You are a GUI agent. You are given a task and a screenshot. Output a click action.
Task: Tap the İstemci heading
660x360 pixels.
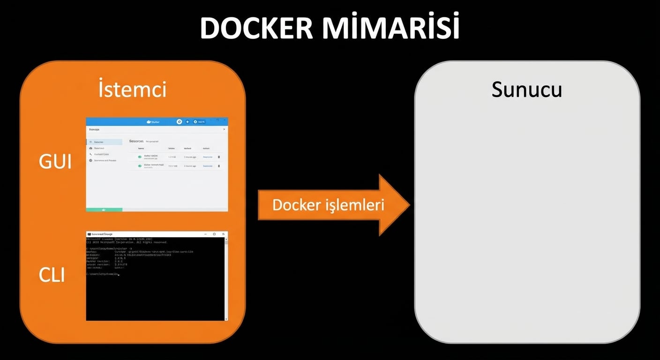(133, 90)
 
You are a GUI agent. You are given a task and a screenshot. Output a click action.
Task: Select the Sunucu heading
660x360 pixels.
(526, 90)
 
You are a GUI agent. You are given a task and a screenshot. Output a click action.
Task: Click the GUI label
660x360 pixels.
(55, 162)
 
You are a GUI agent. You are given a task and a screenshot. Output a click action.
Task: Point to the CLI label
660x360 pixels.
(52, 275)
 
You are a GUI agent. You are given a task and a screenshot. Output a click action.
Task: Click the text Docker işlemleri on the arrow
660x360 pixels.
(328, 205)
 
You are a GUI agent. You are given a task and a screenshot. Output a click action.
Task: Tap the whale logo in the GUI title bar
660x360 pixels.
(150, 122)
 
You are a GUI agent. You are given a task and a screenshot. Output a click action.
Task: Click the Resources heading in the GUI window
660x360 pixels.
(136, 141)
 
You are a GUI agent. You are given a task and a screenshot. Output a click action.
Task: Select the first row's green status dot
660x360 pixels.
(140, 157)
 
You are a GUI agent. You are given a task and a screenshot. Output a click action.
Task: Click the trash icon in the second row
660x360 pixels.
(219, 166)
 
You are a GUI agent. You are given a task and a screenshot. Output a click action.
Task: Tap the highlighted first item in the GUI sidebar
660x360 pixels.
(104, 142)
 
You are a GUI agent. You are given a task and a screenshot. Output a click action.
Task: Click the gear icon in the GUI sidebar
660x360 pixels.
(90, 160)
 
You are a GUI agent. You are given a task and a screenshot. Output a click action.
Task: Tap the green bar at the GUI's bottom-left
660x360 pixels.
(104, 210)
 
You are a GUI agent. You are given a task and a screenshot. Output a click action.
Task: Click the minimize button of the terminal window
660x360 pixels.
(206, 234)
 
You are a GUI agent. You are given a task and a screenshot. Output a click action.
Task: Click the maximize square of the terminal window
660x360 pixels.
(215, 234)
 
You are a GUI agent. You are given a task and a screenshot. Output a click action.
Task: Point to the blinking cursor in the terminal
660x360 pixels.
(119, 275)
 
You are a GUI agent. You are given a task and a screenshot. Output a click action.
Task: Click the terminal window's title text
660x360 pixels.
(102, 234)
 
